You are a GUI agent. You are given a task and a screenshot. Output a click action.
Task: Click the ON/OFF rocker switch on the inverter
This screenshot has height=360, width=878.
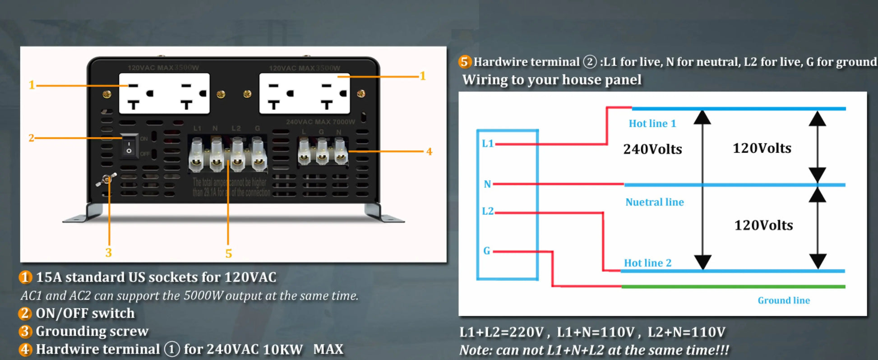tap(129, 146)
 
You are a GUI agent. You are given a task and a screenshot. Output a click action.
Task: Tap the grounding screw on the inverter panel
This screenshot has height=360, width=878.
tap(107, 180)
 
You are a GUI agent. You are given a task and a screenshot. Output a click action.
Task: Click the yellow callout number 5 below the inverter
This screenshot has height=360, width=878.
tap(229, 254)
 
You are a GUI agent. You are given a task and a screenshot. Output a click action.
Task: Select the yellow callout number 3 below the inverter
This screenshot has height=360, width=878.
tap(109, 253)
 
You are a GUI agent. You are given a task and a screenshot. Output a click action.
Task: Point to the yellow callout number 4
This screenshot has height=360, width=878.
tap(429, 152)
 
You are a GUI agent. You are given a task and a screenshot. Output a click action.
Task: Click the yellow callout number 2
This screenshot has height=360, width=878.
tap(31, 138)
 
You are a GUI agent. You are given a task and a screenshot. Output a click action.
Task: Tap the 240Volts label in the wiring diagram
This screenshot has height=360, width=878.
tap(652, 149)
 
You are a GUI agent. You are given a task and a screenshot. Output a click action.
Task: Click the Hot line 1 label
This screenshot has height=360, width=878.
tap(652, 124)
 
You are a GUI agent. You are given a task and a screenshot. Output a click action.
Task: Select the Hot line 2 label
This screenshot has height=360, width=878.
tap(647, 263)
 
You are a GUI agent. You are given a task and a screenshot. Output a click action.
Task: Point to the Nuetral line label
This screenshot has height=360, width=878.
tap(654, 202)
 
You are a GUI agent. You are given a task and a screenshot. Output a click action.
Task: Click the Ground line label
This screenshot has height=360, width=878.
tap(784, 300)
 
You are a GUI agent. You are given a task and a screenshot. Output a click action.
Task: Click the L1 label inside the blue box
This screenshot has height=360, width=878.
tap(488, 143)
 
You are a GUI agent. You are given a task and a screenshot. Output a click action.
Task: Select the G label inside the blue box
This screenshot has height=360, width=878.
tap(486, 251)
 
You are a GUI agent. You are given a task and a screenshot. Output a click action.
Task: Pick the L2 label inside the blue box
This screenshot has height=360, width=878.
tap(488, 211)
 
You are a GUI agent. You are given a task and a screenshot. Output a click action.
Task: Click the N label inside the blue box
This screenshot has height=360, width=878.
tap(487, 184)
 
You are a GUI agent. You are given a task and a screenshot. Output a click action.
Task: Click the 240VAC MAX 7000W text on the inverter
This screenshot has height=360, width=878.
tap(320, 122)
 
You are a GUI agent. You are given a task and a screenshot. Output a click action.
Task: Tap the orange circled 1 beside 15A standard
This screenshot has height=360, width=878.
tap(25, 277)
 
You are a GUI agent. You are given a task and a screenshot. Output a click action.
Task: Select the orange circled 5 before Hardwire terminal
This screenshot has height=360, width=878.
tap(464, 62)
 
